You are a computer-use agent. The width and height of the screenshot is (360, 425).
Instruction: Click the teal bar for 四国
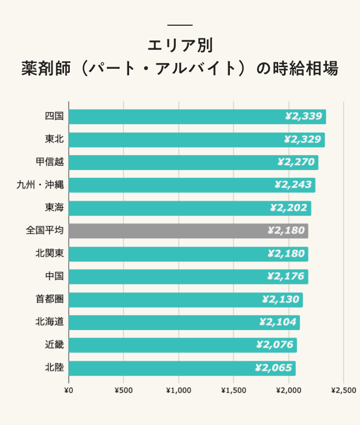197,116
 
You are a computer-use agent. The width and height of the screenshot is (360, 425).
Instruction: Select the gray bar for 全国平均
188,231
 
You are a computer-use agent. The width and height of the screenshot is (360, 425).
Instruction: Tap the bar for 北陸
182,368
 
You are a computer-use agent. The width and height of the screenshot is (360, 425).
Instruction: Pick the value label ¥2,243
293,185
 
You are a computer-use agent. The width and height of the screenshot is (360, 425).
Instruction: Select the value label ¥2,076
274,345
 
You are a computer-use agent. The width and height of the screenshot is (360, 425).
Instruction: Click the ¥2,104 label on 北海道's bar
278,322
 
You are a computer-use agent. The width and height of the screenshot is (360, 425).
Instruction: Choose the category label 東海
55,208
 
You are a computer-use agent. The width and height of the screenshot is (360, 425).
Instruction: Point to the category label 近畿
55,345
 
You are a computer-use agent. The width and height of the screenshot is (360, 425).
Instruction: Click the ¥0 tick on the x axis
68,390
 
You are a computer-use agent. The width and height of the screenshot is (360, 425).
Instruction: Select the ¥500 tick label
123,390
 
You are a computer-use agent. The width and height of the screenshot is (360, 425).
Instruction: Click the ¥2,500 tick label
344,390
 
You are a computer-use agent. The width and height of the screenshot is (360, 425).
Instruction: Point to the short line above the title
179,25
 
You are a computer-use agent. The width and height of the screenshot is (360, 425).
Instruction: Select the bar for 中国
188,277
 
